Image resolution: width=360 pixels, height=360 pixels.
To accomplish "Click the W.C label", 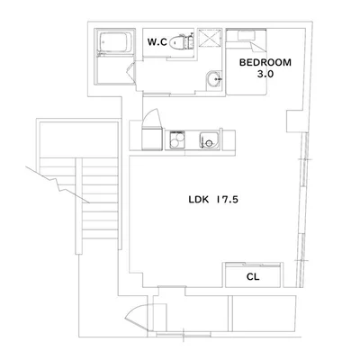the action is tap(157, 42).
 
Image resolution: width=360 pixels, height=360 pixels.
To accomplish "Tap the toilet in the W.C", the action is tap(181, 42).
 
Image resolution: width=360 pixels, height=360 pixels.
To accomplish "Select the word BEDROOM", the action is tap(265, 63).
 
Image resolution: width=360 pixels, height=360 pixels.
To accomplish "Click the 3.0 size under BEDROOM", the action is tap(265, 74).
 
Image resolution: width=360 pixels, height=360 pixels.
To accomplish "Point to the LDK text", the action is tap(198, 200).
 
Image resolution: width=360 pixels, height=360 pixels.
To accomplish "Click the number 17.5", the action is tap(227, 200).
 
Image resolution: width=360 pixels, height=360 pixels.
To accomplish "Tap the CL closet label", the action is tap(253, 276).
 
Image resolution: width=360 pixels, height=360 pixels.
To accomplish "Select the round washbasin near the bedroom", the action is tap(214, 80).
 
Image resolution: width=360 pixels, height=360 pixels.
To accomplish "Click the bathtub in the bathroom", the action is tap(115, 42).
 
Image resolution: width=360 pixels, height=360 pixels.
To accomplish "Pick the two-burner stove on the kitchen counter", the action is tap(176, 140).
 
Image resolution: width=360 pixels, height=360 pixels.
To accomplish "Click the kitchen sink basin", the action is tap(210, 140).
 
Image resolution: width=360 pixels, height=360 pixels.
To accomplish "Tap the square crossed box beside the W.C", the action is tap(210, 38).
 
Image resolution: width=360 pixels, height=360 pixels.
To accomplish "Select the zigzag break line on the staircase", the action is tap(58, 184).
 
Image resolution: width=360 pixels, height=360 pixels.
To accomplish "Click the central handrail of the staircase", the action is tap(79, 206).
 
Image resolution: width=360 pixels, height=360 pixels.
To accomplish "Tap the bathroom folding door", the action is tap(131, 72).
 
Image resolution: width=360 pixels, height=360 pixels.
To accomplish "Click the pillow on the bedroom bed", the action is tap(246, 35).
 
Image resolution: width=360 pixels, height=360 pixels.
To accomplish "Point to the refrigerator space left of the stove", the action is tap(152, 139).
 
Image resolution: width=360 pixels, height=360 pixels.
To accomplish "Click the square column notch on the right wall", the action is tap(294, 121).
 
